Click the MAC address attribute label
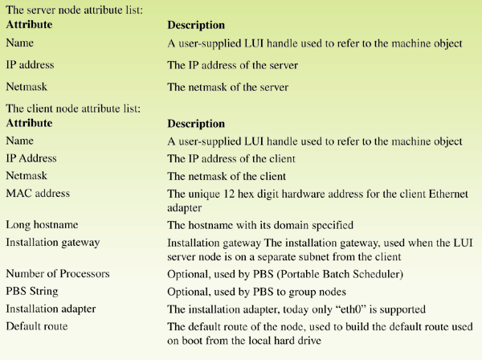[x=38, y=194]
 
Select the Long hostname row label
[x=42, y=225]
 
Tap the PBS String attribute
[x=32, y=292]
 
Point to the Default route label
[x=37, y=326]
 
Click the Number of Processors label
[x=58, y=273]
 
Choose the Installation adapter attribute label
[x=51, y=309]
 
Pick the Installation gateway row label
[x=52, y=243]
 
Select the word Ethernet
[x=448, y=194]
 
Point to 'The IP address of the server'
[x=232, y=65]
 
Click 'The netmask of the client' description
[x=227, y=176]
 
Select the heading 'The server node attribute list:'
[x=75, y=10]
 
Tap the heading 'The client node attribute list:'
[x=73, y=108]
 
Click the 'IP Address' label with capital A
[x=31, y=158]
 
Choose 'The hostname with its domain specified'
[x=260, y=225]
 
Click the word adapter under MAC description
[x=185, y=208]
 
